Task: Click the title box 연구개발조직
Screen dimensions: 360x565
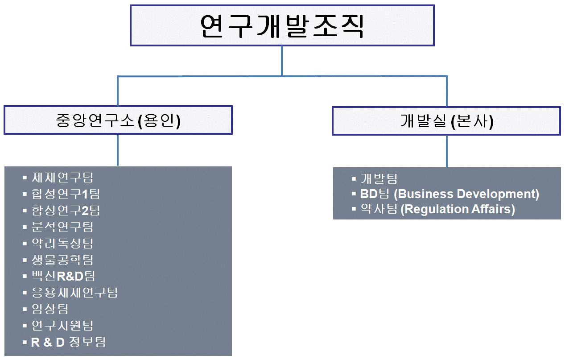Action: [x=282, y=26]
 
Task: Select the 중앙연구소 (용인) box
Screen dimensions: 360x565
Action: [x=118, y=120]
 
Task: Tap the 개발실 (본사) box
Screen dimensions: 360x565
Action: [x=446, y=121]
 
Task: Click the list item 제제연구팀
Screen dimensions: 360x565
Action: [x=62, y=178]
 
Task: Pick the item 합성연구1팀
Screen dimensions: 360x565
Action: [x=66, y=194]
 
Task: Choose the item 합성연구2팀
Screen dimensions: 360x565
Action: [x=66, y=210]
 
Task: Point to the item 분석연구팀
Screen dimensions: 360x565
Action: [x=62, y=227]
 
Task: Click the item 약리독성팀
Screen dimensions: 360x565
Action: [x=62, y=243]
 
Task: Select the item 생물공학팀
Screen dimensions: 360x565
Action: [x=62, y=260]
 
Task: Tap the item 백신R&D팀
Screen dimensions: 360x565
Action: [x=63, y=276]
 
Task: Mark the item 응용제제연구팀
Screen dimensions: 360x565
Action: [x=74, y=293]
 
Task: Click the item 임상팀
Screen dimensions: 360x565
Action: [x=50, y=309]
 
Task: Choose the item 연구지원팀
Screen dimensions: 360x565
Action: [x=62, y=326]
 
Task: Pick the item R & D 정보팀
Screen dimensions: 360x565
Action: [x=68, y=342]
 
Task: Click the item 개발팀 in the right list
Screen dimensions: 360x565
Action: [x=379, y=179]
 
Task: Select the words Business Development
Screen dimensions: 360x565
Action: [x=466, y=194]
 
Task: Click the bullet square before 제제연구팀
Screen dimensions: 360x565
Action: [x=25, y=178]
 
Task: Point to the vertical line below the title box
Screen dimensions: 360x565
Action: [x=282, y=61]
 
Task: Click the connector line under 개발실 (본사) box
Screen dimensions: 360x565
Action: [x=447, y=151]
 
